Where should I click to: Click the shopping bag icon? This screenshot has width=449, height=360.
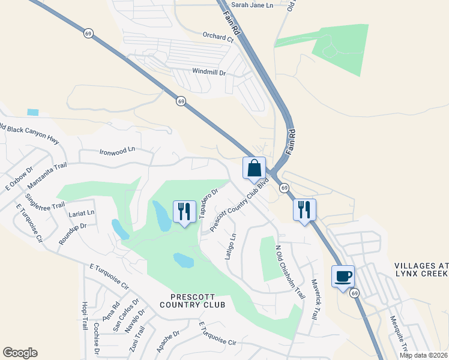click(x=254, y=168)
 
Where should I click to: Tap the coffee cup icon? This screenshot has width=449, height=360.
click(x=343, y=277)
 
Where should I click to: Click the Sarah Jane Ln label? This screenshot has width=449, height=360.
click(x=252, y=5)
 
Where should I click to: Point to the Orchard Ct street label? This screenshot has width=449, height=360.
click(x=217, y=38)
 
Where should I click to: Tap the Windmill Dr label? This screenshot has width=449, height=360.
click(x=208, y=72)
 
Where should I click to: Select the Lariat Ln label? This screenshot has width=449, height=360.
click(x=82, y=212)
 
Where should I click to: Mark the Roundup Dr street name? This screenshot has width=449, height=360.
click(x=73, y=234)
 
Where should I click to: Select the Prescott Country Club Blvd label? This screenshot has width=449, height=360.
click(x=241, y=205)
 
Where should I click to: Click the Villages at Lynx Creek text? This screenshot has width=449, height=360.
click(x=421, y=269)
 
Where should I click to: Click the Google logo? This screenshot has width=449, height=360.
click(x=20, y=353)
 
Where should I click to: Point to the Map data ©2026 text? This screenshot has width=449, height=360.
click(x=424, y=355)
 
